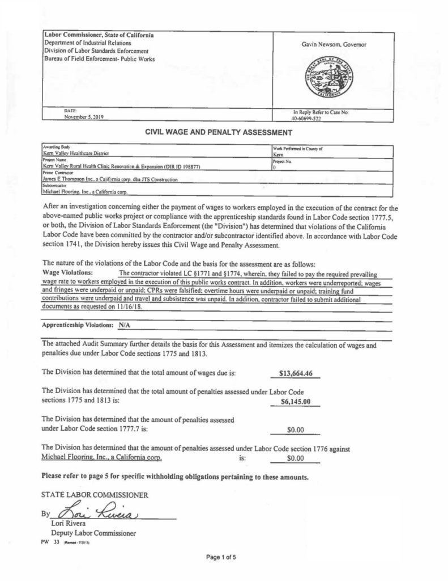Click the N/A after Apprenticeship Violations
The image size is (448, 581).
point(124,327)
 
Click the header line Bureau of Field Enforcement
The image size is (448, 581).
point(99,59)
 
